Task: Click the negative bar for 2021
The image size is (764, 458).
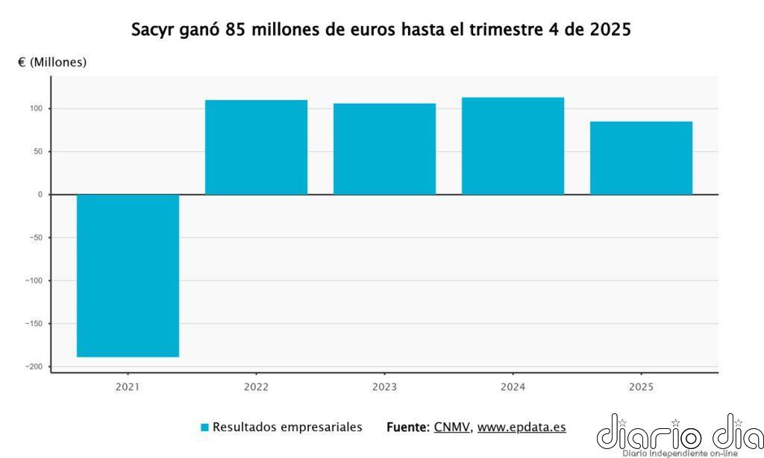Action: point(128,275)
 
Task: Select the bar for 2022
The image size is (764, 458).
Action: point(256,147)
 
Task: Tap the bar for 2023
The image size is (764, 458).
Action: point(384,148)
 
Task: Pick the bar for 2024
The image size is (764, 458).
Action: point(513,145)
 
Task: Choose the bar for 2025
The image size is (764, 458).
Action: point(641,157)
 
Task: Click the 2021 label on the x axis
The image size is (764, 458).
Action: point(128,386)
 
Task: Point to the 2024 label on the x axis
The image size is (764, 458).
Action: point(513,386)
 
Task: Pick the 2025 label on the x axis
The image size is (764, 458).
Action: point(641,386)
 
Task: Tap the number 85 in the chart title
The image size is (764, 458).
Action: point(234,31)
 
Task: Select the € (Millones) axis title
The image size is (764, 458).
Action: point(52,63)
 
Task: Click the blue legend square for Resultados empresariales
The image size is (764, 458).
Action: point(204,427)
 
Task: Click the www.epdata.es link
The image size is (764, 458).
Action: point(521,427)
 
